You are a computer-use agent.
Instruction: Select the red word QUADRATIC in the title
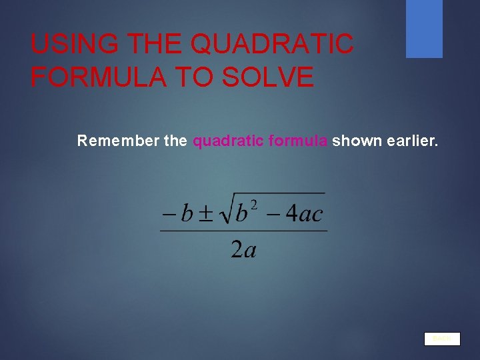[x=271, y=45]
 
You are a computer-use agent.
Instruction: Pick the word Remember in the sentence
[x=117, y=141]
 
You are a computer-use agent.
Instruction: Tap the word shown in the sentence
[x=357, y=141]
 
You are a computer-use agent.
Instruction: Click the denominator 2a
[x=244, y=249]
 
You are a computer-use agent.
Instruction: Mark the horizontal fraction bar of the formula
[x=243, y=231]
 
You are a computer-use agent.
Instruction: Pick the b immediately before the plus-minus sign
[x=187, y=213]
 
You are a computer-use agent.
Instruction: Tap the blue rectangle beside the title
[x=424, y=28]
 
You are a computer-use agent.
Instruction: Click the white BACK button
[x=442, y=339]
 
